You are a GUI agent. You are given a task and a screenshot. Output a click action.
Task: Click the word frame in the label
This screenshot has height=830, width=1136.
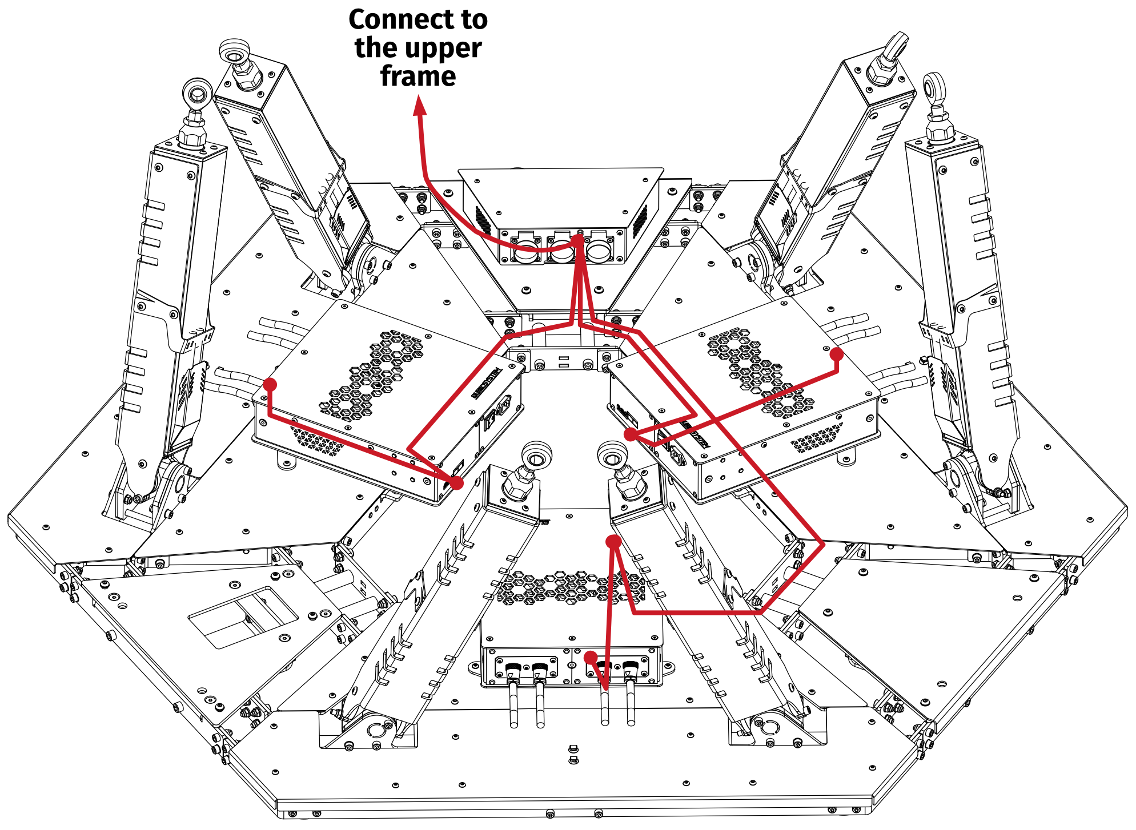click(x=418, y=76)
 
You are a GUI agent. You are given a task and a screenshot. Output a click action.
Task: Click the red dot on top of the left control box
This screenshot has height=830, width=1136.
click(x=270, y=384)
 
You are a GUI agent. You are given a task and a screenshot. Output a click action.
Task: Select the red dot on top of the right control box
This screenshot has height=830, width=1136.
click(x=836, y=354)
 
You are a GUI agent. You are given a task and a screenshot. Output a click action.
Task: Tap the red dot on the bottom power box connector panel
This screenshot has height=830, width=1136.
click(x=591, y=657)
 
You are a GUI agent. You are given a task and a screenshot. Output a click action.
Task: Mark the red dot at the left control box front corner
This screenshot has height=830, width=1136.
click(x=457, y=483)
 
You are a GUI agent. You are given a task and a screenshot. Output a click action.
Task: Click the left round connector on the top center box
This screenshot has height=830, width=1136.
click(x=525, y=250)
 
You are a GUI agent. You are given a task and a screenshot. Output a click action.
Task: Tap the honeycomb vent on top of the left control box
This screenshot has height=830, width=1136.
click(x=374, y=371)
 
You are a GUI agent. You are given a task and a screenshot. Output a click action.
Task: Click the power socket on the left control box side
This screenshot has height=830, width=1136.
click(x=502, y=406)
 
